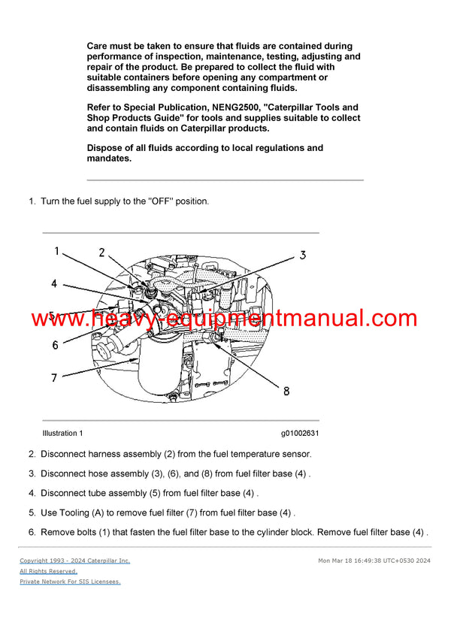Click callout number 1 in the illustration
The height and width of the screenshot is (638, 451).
click(56, 251)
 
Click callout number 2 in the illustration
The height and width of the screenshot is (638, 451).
click(101, 252)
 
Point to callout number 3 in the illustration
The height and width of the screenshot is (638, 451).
click(302, 256)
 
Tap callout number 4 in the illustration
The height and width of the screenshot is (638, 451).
click(54, 283)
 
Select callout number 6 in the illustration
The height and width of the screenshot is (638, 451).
click(55, 346)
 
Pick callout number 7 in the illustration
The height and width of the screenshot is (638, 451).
click(54, 378)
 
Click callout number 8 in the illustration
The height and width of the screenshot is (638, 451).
click(286, 390)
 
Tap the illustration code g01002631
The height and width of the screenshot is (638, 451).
click(300, 434)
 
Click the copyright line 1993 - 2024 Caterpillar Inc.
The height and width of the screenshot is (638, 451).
click(74, 561)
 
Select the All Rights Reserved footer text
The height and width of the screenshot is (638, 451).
click(48, 571)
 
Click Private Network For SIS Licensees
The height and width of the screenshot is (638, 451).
click(70, 582)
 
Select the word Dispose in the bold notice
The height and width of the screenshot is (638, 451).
click(107, 148)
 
